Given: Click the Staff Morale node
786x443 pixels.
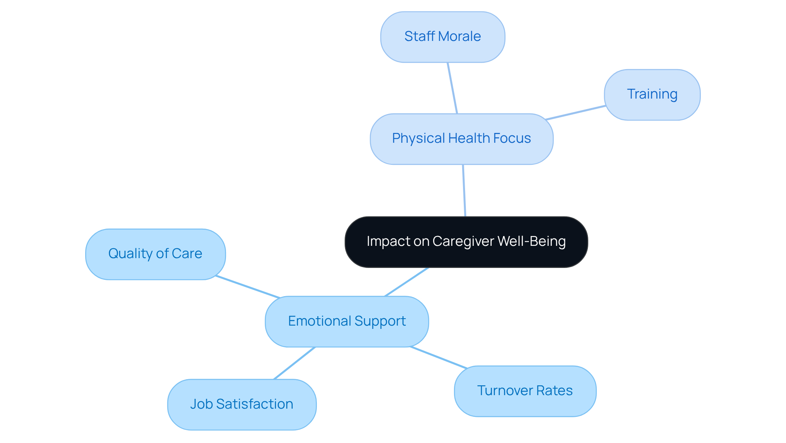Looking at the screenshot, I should pyautogui.click(x=443, y=37).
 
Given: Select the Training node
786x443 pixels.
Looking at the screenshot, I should pyautogui.click(x=652, y=94).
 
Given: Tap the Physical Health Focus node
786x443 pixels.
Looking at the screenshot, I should pyautogui.click(x=461, y=139).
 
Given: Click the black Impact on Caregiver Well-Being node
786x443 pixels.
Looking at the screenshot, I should pyautogui.click(x=466, y=242).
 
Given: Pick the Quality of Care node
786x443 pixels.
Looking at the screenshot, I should pyautogui.click(x=155, y=254).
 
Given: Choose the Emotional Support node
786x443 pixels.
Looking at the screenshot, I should pyautogui.click(x=347, y=322).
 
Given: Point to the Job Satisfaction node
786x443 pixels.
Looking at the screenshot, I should pyautogui.click(x=242, y=404).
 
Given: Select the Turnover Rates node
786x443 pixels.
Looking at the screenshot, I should pyautogui.click(x=525, y=391).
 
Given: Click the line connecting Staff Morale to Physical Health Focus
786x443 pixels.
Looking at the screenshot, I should pyautogui.click(x=452, y=88).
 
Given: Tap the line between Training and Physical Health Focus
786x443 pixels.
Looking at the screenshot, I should pyautogui.click(x=576, y=112).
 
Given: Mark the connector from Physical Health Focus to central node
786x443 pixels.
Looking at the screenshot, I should pyautogui.click(x=464, y=191).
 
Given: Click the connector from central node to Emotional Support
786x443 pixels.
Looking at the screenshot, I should pyautogui.click(x=407, y=282).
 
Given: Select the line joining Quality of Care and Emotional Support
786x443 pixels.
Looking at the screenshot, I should pyautogui.click(x=248, y=287).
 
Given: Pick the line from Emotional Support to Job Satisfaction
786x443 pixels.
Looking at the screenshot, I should pyautogui.click(x=295, y=363).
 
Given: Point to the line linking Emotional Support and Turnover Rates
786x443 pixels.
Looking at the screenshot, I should pyautogui.click(x=438, y=358).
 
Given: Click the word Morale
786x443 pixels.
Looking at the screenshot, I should pyautogui.click(x=459, y=36).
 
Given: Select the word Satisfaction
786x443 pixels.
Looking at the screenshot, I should pyautogui.click(x=255, y=404).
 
